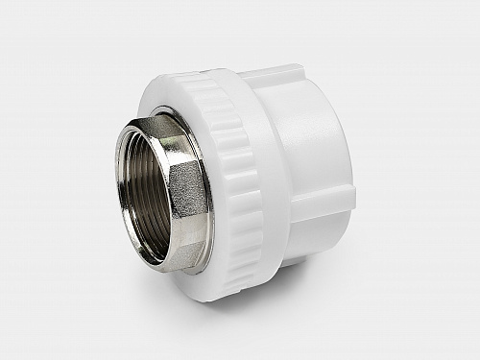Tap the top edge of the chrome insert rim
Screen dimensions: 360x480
(x=154, y=116)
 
